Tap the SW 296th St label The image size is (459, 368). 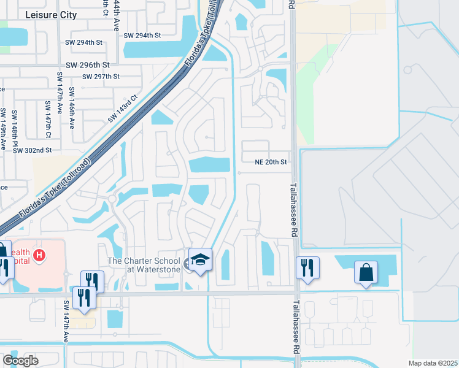tap(87, 64)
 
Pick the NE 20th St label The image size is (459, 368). tap(271, 162)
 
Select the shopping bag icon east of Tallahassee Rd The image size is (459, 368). tap(366, 272)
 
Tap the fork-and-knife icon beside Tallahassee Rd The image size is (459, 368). tap(307, 267)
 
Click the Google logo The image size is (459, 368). tap(20, 361)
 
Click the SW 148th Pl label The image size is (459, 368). tap(15, 123)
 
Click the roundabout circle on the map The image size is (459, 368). tap(112, 199)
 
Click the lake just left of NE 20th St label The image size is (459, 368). tap(209, 165)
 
